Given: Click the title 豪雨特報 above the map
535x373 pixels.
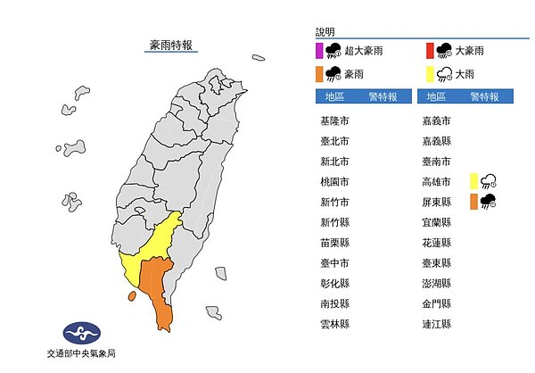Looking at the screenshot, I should click(172, 43).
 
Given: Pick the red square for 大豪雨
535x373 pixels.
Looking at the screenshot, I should click(429, 49).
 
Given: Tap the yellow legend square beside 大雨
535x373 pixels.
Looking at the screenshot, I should click(429, 73).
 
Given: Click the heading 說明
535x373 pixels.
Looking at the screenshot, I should click(325, 32).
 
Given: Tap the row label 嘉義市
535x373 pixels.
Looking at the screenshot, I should click(437, 120).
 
